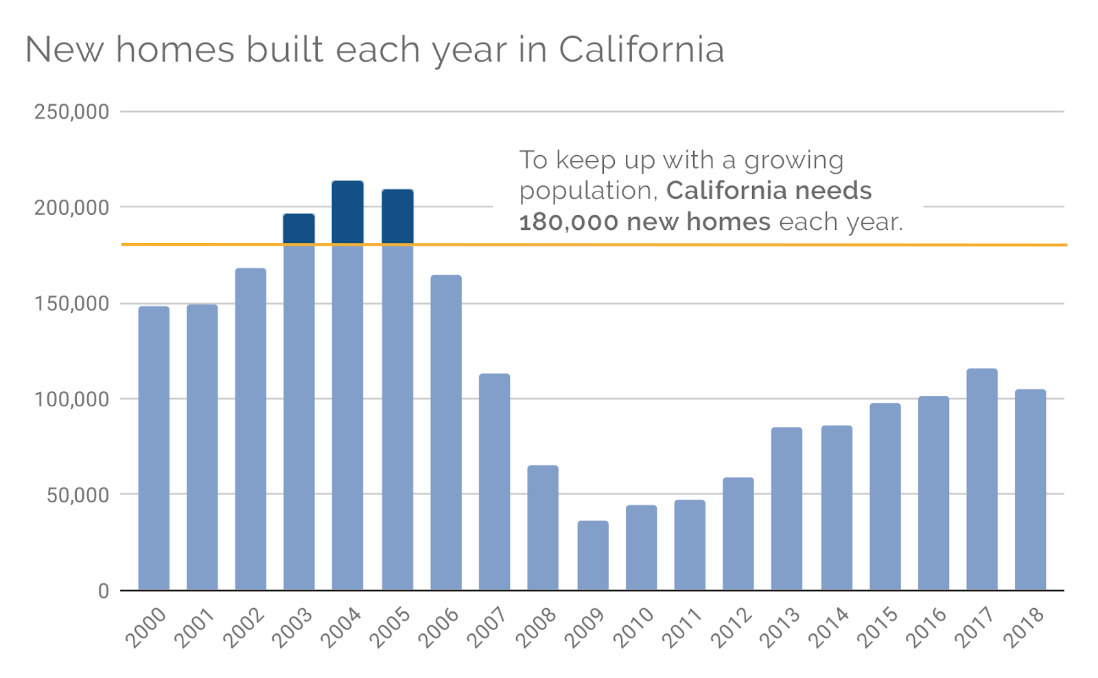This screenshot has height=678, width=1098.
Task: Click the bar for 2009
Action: [x=592, y=555]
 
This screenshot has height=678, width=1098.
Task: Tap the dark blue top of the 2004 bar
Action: [x=347, y=212]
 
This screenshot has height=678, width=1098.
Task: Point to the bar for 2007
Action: [x=494, y=481]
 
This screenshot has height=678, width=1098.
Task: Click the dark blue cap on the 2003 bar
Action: [x=299, y=229]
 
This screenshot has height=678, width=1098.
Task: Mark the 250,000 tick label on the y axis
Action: [x=71, y=112]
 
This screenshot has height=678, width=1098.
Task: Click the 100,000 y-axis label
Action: [x=71, y=399]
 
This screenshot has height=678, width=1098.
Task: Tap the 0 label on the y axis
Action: [x=103, y=591]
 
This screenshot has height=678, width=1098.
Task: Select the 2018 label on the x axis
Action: [x=1023, y=628]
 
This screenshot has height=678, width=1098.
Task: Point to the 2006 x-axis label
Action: [x=438, y=628]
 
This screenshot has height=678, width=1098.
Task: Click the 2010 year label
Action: [x=633, y=628]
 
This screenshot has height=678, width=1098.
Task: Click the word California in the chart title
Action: [x=641, y=49]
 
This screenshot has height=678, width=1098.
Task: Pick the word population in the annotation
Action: [x=587, y=191]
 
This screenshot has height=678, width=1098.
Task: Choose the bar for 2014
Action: [x=836, y=508]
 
